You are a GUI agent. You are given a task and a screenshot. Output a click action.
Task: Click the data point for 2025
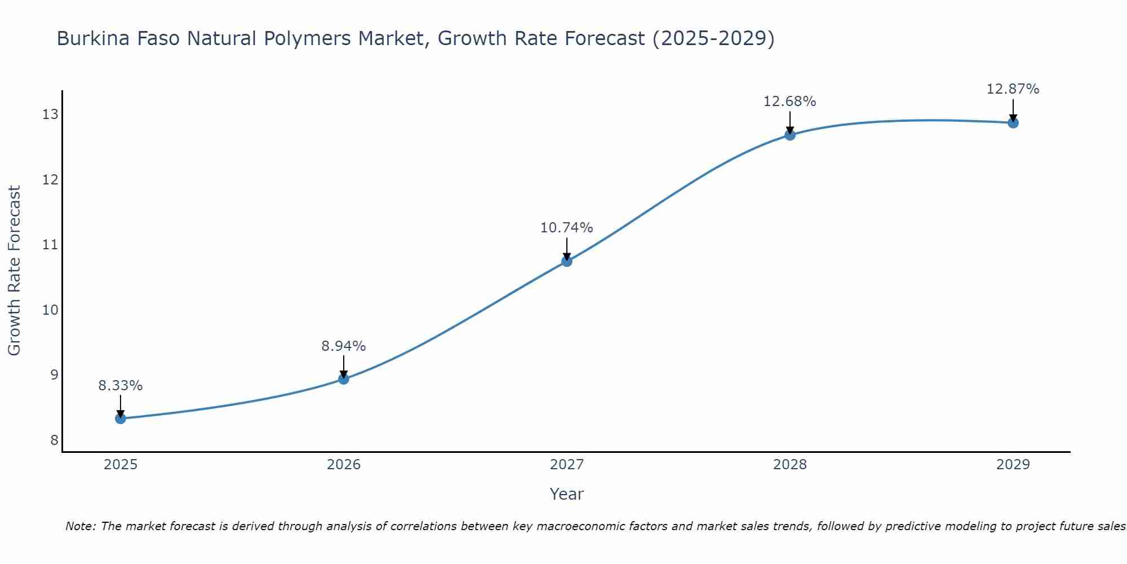point(121,418)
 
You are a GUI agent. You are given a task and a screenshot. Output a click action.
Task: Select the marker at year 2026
point(344,379)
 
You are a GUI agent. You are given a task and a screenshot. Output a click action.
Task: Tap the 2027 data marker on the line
point(567,261)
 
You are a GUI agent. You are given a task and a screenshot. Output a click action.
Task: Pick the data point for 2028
point(790,135)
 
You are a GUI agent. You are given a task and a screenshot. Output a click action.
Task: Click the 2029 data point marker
point(1013,122)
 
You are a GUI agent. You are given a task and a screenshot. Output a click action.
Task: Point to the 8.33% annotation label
point(121,386)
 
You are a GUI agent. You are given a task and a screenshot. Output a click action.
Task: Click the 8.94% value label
point(344,346)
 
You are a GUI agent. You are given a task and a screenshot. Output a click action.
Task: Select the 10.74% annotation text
point(567,228)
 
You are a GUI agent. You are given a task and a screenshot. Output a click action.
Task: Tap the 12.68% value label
point(790,102)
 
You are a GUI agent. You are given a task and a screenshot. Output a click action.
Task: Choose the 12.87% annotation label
point(1013,89)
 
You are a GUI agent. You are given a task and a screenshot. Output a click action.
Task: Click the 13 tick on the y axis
point(50,114)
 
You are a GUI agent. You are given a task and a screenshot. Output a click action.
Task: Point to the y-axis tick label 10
point(50,310)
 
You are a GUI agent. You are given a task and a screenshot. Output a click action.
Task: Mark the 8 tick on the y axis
point(54,440)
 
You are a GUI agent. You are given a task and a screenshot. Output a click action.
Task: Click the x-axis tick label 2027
point(567,465)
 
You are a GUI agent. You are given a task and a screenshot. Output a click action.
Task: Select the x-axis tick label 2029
point(1013,465)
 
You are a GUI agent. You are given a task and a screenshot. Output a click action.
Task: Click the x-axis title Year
point(567,494)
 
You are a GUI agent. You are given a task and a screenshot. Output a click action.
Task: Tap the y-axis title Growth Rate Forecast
point(15,271)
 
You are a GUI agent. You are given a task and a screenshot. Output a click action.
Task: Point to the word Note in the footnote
point(80,526)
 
